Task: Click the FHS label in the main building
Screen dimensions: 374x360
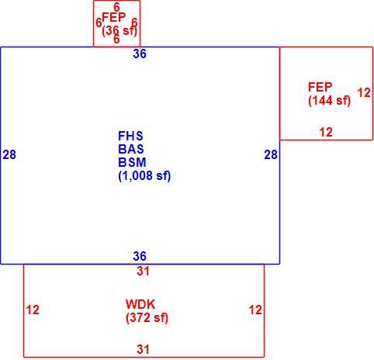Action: [x=130, y=136]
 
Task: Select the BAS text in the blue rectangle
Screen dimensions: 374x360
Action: [x=131, y=149]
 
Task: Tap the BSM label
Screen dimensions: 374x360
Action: [x=132, y=162]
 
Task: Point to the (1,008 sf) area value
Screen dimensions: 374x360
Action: [x=144, y=176]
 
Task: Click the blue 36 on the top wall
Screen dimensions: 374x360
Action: [x=140, y=54]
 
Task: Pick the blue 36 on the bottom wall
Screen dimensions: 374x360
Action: [x=140, y=256]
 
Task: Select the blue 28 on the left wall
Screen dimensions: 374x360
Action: [x=9, y=154]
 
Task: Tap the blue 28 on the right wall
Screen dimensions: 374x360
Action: [x=271, y=154]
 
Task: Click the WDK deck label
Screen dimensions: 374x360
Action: [x=140, y=304]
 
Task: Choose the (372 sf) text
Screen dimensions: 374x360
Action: [x=147, y=318]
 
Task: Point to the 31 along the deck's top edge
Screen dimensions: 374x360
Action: [x=143, y=271]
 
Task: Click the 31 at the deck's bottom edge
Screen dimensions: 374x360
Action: [x=143, y=349]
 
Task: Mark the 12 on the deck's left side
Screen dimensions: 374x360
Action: [x=33, y=310]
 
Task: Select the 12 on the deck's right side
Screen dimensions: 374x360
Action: [x=255, y=310]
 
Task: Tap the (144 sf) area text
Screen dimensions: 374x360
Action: [x=329, y=100]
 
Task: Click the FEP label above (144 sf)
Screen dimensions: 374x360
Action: [x=320, y=87]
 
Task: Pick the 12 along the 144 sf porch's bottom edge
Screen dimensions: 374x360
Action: [x=326, y=132]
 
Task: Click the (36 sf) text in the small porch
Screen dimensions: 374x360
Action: [x=119, y=31]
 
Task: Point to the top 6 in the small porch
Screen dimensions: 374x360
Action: [x=116, y=7]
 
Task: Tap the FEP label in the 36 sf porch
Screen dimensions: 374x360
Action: [x=114, y=17]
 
